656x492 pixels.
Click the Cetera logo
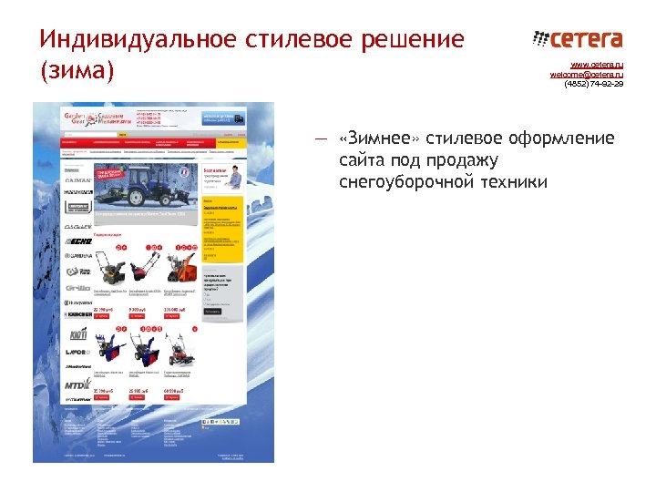(577, 39)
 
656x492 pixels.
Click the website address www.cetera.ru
(597, 66)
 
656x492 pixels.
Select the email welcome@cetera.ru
(586, 75)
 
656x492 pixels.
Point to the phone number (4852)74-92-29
(593, 84)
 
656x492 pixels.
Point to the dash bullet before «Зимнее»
(320, 139)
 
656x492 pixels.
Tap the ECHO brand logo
(79, 241)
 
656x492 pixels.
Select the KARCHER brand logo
(78, 313)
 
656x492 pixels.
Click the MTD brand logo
(77, 385)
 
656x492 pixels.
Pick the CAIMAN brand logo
(79, 179)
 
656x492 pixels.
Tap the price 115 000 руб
(177, 311)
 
